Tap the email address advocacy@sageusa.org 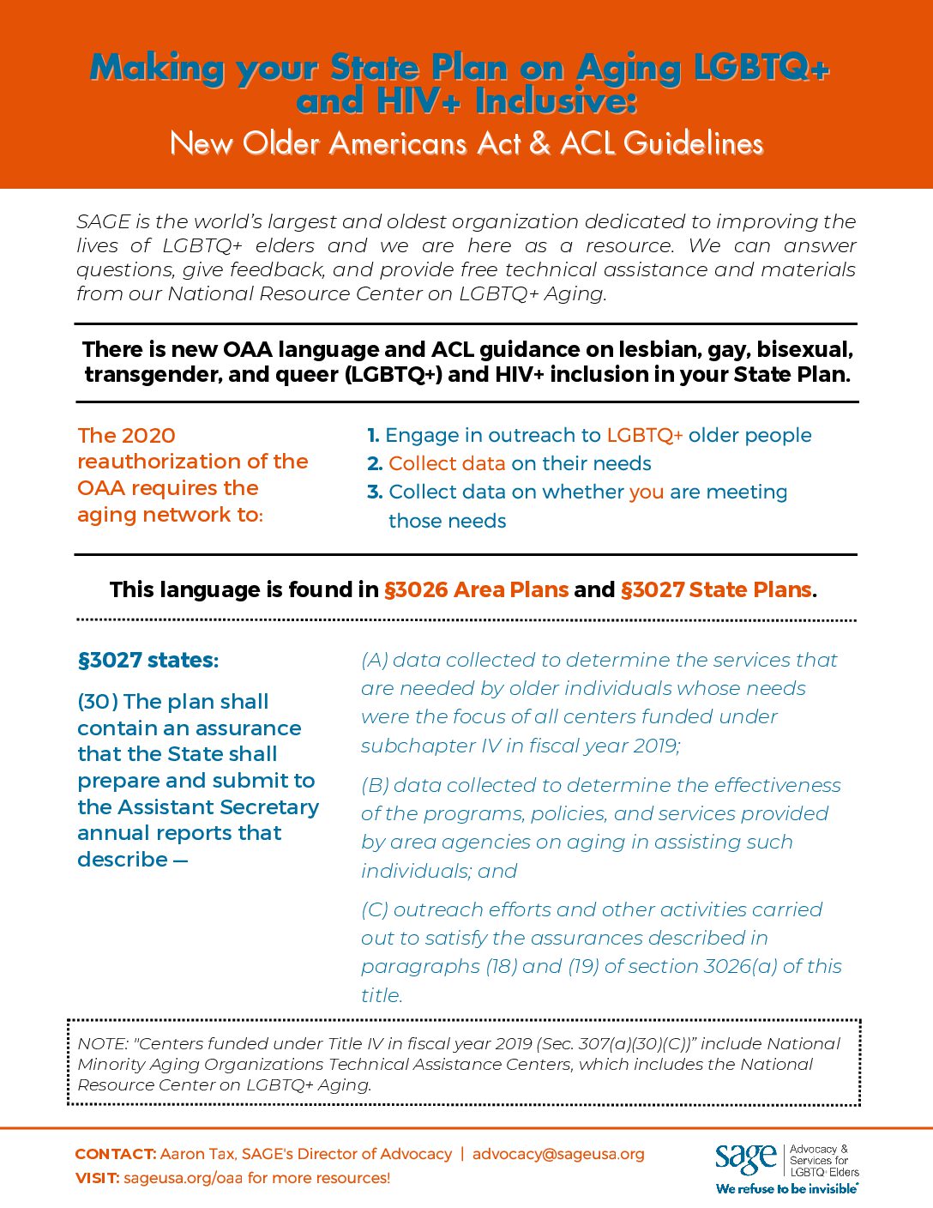(558, 1154)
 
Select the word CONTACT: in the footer (115, 1154)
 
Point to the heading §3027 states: (148, 660)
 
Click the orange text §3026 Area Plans (476, 589)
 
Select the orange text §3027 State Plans (715, 589)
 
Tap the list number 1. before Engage (373, 435)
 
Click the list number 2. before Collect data (375, 463)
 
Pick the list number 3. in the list (375, 492)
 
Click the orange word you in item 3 (646, 492)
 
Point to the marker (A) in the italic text (375, 660)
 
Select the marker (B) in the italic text (375, 785)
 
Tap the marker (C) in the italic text (375, 909)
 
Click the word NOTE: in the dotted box (102, 1043)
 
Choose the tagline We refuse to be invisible (786, 1189)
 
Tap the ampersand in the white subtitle (539, 143)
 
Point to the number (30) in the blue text (97, 702)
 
